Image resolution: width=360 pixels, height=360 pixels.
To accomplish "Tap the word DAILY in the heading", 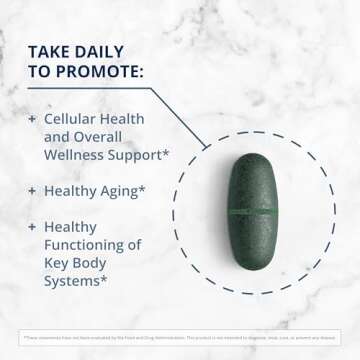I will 109,51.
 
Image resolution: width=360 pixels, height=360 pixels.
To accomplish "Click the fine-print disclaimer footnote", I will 180,338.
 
